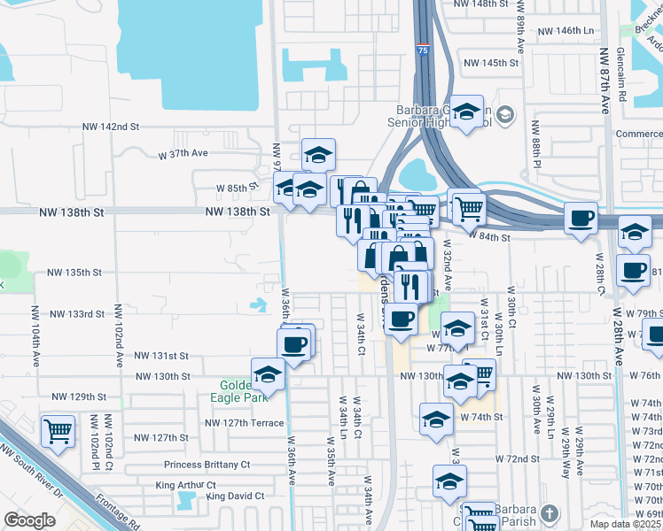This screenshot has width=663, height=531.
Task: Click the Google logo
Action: [x=29, y=520]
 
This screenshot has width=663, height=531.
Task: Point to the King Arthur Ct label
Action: [x=186, y=485]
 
